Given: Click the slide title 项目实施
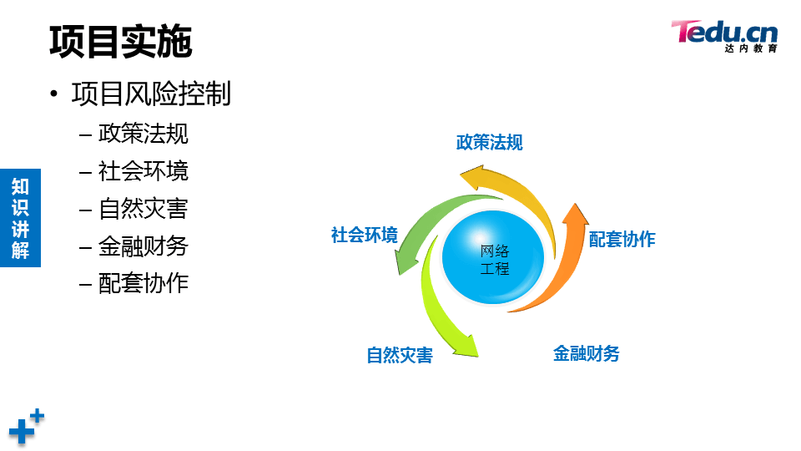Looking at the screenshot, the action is (120, 42).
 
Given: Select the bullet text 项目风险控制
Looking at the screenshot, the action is (151, 94).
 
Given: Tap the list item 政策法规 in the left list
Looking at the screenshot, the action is (143, 134).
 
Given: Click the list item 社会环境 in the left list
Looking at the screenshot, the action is (143, 170).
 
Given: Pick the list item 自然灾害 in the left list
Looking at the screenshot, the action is (143, 209).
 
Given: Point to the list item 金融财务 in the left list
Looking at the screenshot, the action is (143, 246).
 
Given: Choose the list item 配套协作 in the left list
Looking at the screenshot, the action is (143, 283).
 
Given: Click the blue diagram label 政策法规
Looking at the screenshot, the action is (490, 142).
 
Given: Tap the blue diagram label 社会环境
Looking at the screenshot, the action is (365, 235).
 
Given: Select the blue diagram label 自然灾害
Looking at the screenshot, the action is (400, 355).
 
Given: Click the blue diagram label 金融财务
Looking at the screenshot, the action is (586, 353).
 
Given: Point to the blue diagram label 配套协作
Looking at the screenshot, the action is (622, 239).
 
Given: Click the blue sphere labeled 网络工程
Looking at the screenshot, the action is (493, 257).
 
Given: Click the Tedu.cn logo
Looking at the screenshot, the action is (724, 36).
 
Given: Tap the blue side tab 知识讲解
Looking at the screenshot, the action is (20, 218).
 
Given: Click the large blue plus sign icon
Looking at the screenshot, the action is (22, 431).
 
